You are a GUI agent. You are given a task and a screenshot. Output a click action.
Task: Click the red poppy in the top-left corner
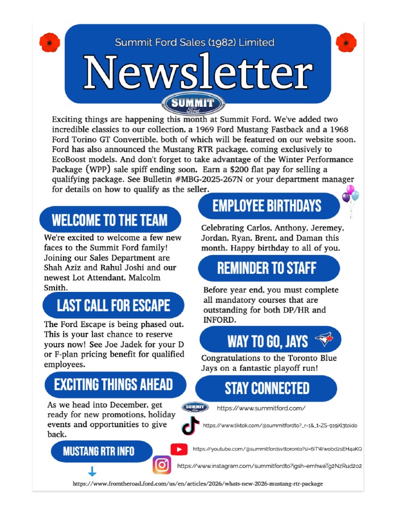[49, 42]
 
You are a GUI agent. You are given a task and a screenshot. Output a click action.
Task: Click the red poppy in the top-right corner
[346, 42]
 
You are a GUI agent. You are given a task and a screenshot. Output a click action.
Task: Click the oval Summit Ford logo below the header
[193, 105]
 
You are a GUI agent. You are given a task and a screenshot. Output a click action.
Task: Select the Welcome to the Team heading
[109, 220]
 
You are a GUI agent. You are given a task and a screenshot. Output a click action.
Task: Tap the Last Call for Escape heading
[113, 306]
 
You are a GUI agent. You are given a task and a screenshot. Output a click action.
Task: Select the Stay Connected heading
[267, 388]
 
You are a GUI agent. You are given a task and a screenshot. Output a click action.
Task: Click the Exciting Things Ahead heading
[113, 385]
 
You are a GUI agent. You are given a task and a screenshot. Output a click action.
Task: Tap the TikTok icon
[190, 425]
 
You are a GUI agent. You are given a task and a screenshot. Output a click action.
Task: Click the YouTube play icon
[179, 449]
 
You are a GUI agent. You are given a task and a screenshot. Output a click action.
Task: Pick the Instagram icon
[162, 465]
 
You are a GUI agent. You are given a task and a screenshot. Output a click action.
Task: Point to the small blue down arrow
[92, 471]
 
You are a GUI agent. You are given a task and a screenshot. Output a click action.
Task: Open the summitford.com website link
[261, 408]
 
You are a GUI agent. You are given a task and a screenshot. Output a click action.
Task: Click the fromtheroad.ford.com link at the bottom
[197, 483]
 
